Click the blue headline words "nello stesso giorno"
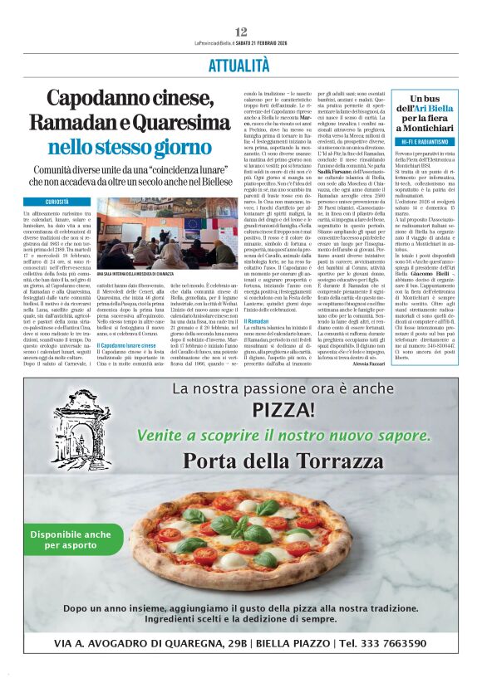[x=131, y=147]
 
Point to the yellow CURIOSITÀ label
[x=57, y=202]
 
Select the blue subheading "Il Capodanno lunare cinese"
[x=126, y=345]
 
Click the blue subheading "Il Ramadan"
[x=256, y=321]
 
